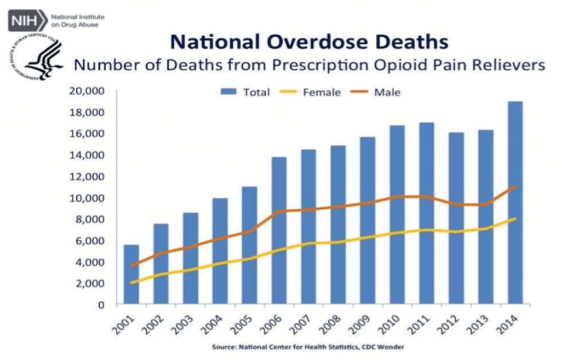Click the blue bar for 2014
coord(516,203)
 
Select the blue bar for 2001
coord(131,274)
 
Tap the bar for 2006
coord(279,230)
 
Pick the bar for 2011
coord(427,213)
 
